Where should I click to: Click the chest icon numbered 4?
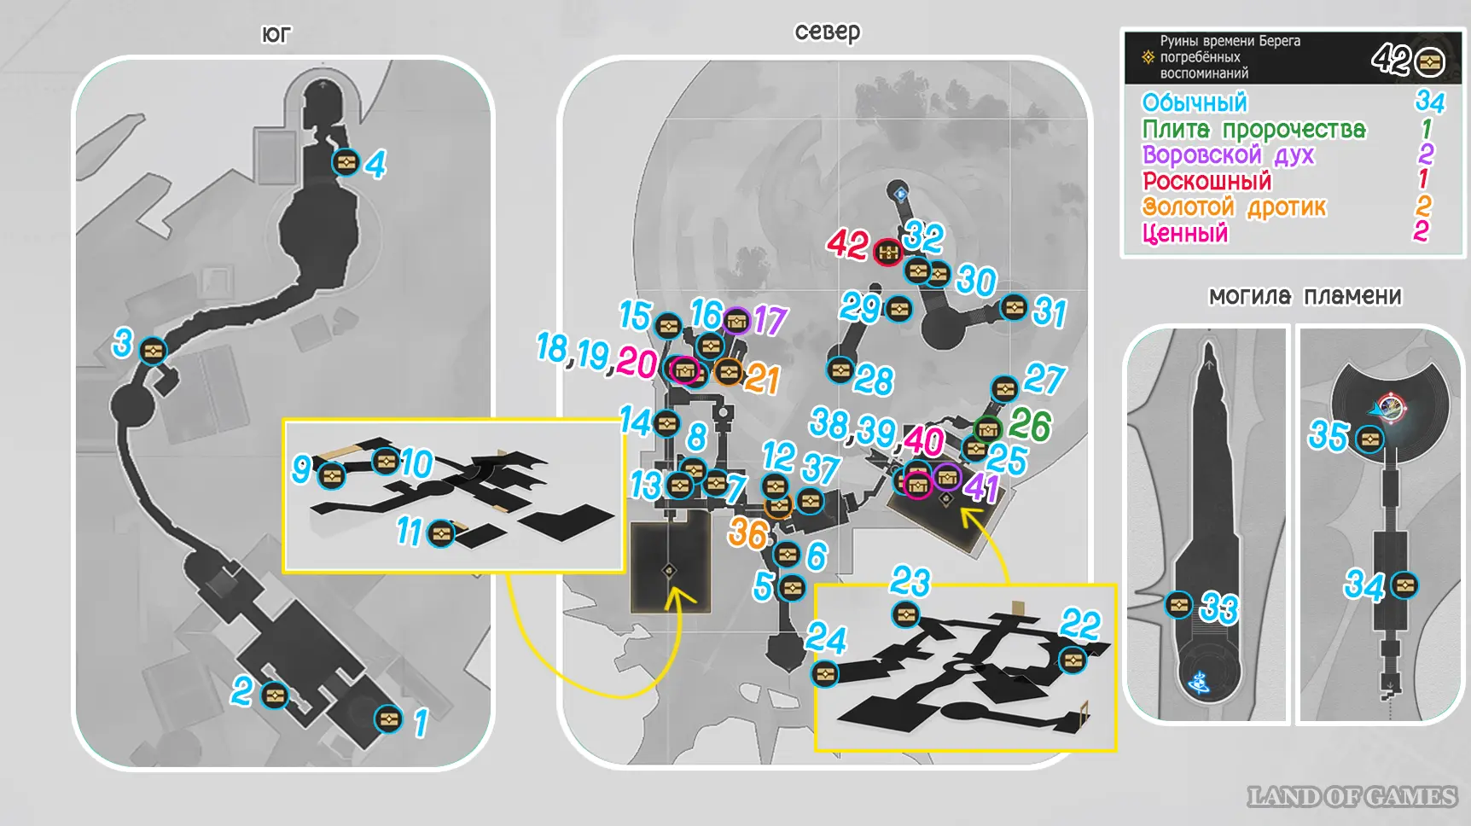(346, 161)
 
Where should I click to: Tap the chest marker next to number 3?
(153, 351)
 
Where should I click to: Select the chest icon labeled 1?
(388, 718)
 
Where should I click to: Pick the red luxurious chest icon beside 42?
(888, 252)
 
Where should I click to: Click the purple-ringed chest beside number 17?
(736, 321)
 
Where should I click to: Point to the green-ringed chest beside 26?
(987, 428)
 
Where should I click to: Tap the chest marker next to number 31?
(1014, 307)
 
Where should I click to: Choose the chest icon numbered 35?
(1370, 440)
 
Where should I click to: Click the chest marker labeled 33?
(1179, 605)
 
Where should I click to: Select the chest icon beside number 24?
(824, 674)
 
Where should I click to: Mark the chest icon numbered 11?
(441, 534)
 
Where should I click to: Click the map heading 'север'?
(828, 32)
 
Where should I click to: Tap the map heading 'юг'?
(276, 34)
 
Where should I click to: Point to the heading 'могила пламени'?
(1305, 296)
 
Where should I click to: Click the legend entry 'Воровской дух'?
(1228, 155)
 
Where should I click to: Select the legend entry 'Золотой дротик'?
(1234, 207)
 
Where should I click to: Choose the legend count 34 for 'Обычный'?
(1430, 102)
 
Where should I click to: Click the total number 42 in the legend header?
(1391, 60)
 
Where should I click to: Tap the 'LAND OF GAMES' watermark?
(1352, 797)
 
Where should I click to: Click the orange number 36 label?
(747, 533)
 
